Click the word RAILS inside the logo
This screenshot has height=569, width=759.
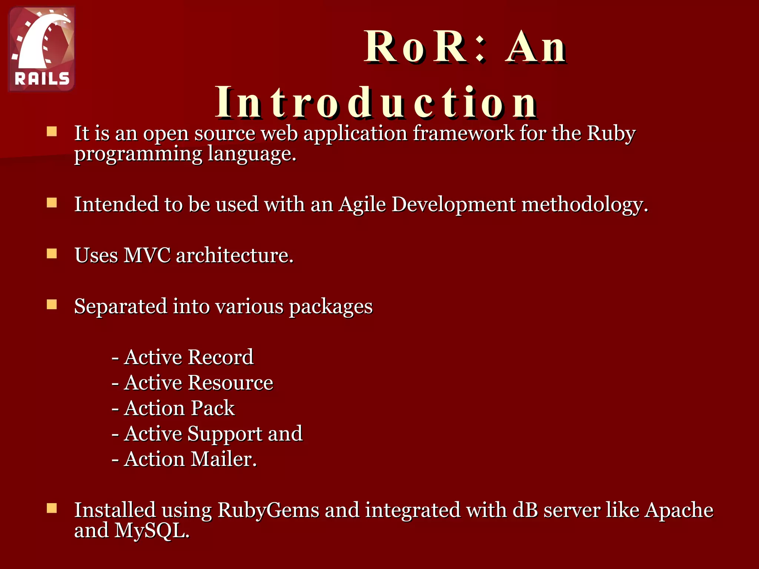[x=42, y=79]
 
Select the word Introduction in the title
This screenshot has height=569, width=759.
[x=376, y=102]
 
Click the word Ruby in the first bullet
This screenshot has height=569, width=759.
[x=611, y=133]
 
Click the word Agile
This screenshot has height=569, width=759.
[x=362, y=204]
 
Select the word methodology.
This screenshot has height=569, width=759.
[x=584, y=205]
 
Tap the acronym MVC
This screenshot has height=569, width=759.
[x=147, y=255]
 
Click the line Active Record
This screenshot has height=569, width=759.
[x=183, y=357]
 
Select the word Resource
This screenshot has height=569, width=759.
[x=230, y=383]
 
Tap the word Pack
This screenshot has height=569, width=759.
[x=213, y=408]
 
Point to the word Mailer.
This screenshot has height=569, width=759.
[x=223, y=459]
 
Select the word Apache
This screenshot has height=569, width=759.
[x=679, y=510]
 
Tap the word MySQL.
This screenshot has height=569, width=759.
[x=152, y=530]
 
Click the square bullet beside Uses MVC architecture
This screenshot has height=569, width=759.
[x=52, y=254]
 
